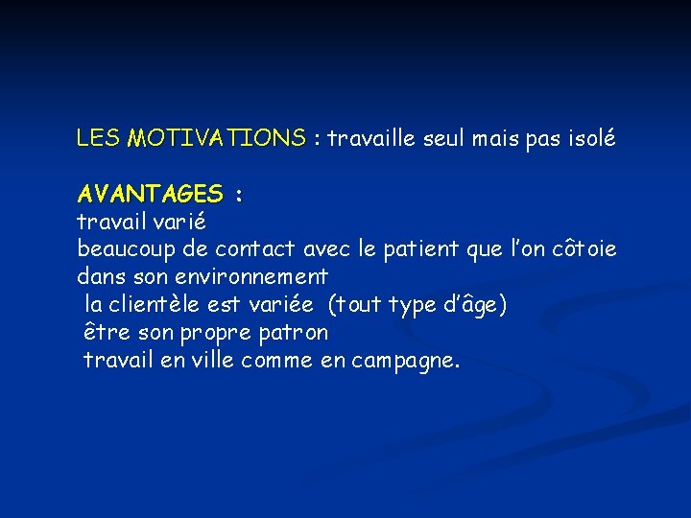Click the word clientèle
(157, 305)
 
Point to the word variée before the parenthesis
(280, 305)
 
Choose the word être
(104, 333)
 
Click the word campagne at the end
(406, 362)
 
